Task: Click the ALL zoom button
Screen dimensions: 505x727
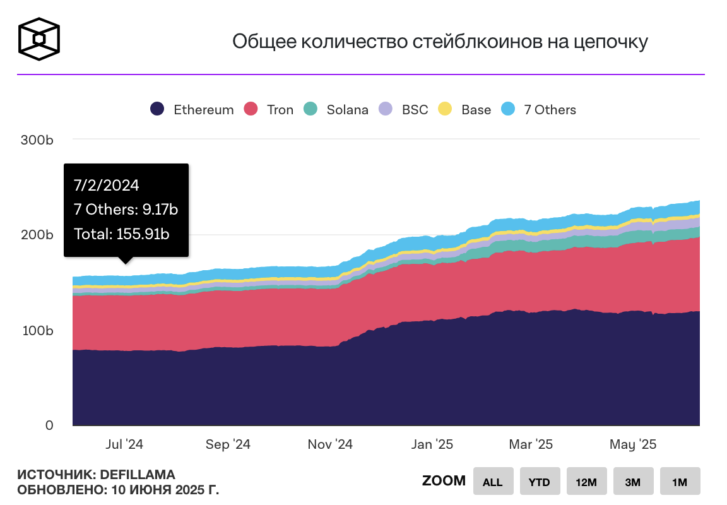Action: click(x=492, y=482)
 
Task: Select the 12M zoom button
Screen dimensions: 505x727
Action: click(x=586, y=482)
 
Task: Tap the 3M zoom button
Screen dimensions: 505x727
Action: click(x=632, y=482)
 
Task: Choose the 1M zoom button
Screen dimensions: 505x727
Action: click(x=680, y=482)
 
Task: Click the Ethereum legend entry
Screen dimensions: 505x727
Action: click(x=192, y=109)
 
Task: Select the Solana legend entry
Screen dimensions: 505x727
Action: click(x=336, y=109)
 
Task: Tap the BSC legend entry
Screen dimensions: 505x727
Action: click(x=403, y=109)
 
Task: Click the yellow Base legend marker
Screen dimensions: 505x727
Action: click(x=446, y=109)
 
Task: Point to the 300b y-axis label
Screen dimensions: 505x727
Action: click(x=37, y=140)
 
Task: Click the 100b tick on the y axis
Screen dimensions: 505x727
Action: click(x=37, y=331)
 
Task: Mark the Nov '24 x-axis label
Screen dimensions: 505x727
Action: click(x=330, y=444)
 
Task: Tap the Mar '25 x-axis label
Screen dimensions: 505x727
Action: click(x=531, y=444)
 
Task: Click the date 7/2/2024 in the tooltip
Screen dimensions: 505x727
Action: click(x=107, y=186)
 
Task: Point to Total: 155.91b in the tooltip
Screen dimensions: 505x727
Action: click(x=122, y=234)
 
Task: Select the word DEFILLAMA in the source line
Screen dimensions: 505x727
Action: click(x=138, y=475)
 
